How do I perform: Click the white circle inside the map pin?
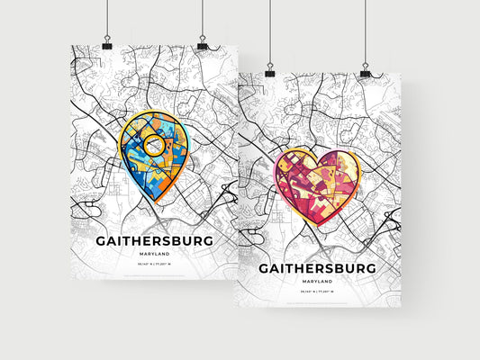tap(155, 144)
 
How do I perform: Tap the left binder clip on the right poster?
tap(269, 70)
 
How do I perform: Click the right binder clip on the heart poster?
tap(365, 70)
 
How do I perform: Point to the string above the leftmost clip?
tap(106, 18)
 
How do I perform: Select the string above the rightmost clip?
tap(365, 31)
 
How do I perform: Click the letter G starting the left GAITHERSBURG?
tap(99, 241)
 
